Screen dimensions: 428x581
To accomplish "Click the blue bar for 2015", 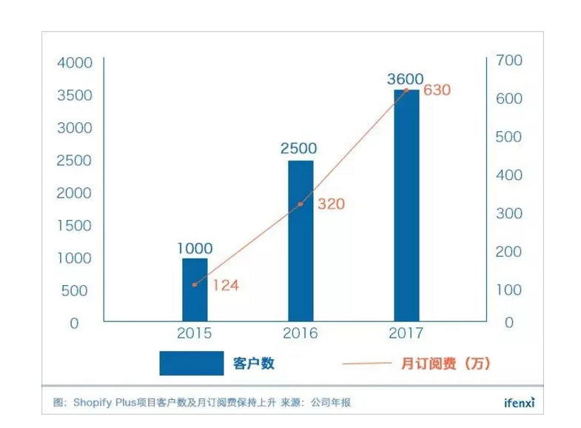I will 195,290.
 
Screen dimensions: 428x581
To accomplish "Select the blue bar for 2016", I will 300,241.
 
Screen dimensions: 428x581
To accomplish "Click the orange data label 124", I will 226,284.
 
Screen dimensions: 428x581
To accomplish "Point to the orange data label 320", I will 332,204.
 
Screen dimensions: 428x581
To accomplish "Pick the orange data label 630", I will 437,90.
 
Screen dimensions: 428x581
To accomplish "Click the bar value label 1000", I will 195,248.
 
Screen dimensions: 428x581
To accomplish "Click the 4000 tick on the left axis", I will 75,62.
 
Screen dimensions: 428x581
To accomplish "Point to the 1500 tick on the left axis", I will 75,225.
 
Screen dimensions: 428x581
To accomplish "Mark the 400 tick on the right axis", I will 510,175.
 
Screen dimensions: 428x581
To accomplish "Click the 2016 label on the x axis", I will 300,333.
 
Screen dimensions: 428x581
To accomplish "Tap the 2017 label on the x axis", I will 406,333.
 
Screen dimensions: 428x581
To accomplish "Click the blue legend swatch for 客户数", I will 191,363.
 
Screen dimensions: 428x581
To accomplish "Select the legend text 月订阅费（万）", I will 445,363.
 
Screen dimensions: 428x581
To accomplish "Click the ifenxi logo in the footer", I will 514,403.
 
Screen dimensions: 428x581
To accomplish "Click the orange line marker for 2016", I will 300,204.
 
